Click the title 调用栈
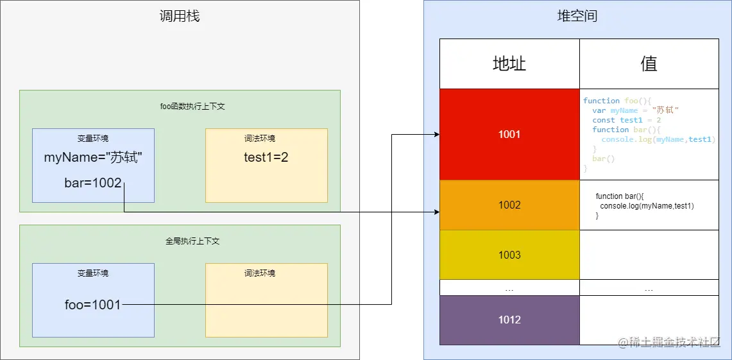180,16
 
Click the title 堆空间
577,16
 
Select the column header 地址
509,64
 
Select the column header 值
649,64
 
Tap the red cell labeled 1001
509,134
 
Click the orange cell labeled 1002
509,205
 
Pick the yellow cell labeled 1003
509,255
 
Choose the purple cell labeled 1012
509,320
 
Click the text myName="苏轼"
92,157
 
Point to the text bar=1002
93,183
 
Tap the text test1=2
266,157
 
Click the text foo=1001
93,305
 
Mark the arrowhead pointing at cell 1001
437,134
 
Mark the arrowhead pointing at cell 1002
437,211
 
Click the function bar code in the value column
645,205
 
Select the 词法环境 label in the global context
260,273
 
